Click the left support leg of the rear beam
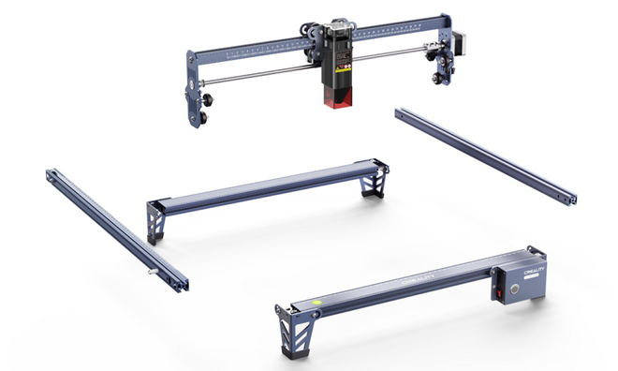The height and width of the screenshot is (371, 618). point(154,221)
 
